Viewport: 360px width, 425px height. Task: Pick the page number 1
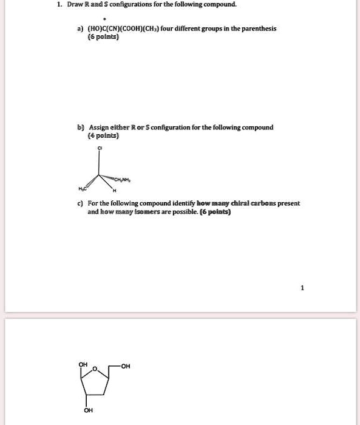pyautogui.click(x=301, y=288)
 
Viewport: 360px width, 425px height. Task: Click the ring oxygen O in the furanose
pyautogui.click(x=103, y=368)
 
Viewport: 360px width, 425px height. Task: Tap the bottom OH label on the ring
pyautogui.click(x=89, y=410)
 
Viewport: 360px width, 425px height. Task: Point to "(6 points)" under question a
pyautogui.click(x=103, y=37)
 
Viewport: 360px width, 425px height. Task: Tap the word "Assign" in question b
pyautogui.click(x=99, y=127)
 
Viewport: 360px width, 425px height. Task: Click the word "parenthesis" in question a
pyautogui.click(x=260, y=29)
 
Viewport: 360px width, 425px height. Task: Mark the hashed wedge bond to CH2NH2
pyautogui.click(x=114, y=177)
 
